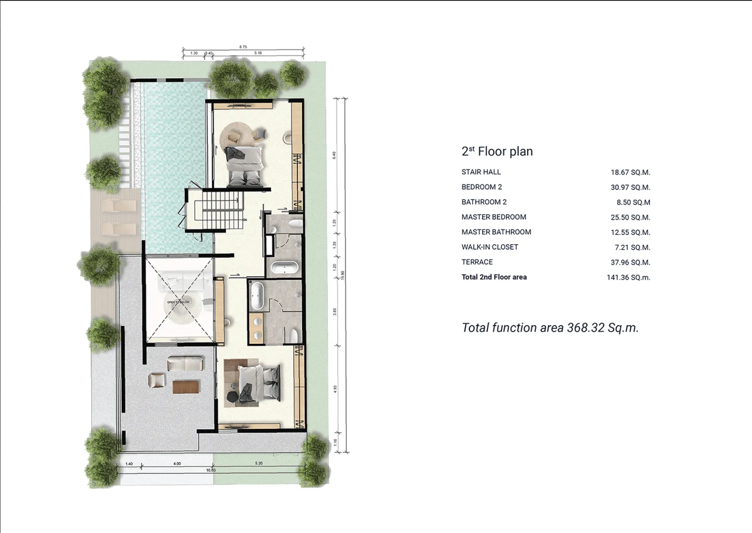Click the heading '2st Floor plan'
[497, 151]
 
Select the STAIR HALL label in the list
[481, 172]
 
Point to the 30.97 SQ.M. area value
[630, 187]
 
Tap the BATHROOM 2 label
[484, 202]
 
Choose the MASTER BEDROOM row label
[494, 217]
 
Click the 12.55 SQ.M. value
[630, 232]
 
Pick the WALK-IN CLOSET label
[490, 247]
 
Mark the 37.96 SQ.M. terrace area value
[630, 263]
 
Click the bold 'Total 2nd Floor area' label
[494, 277]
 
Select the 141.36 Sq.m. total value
[628, 278]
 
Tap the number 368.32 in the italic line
[586, 328]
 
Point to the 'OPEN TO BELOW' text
[178, 302]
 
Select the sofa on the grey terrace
[185, 364]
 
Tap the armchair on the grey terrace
[156, 381]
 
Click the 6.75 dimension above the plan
[243, 47]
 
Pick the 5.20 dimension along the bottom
[259, 463]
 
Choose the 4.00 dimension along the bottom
[177, 464]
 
